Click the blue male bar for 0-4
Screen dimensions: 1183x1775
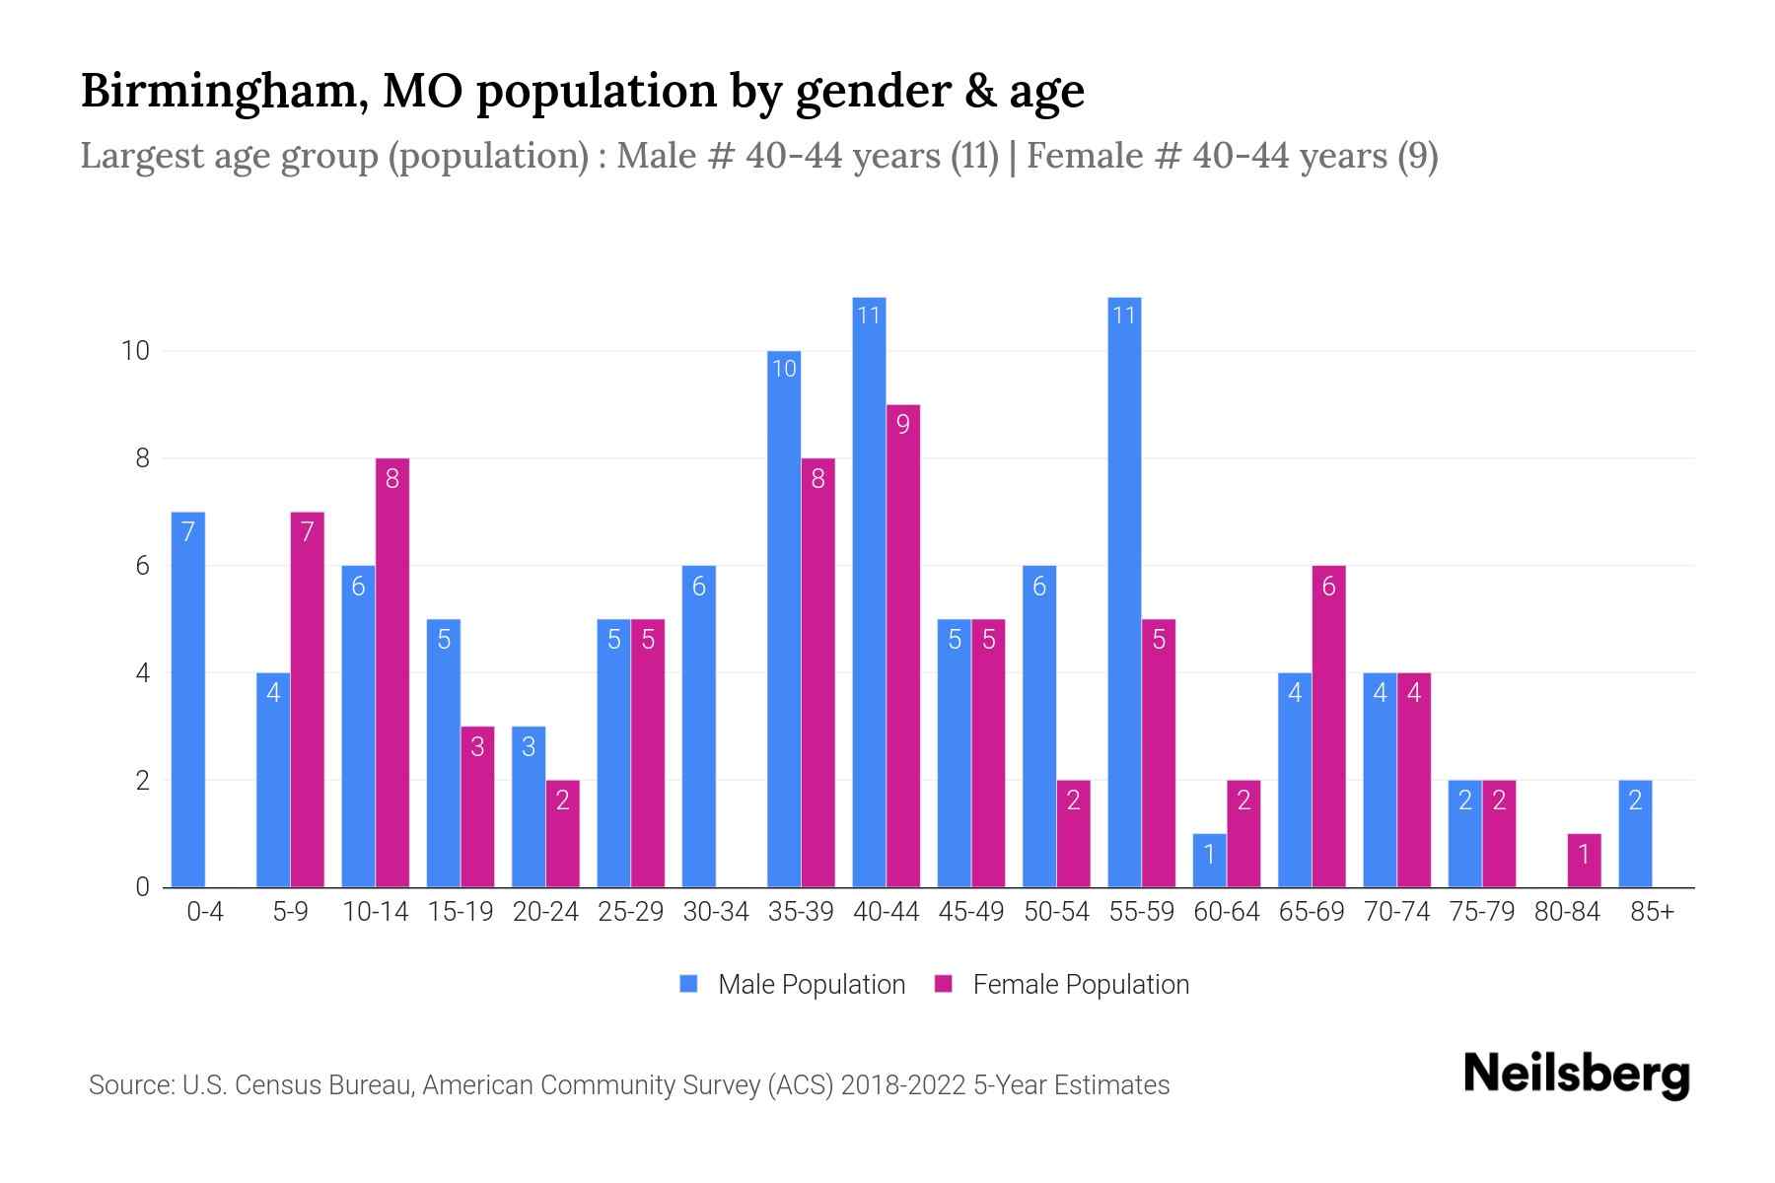pos(187,700)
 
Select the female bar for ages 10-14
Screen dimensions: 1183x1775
pos(392,673)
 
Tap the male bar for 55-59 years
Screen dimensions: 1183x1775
pos(1124,591)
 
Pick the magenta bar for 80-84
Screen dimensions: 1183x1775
pos(1584,861)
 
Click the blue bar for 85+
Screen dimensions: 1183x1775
pos(1635,834)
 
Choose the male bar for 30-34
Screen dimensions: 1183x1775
pos(698,727)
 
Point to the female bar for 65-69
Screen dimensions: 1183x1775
pos(1328,727)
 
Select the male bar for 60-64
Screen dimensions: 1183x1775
pos(1209,861)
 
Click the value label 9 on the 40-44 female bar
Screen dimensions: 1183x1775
pos(902,424)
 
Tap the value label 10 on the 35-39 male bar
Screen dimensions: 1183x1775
pos(784,370)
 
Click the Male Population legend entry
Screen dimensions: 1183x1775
pos(792,984)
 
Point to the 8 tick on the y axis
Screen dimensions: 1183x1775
pos(143,458)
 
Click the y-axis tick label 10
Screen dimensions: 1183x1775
pos(134,351)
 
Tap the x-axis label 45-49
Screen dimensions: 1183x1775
pos(971,912)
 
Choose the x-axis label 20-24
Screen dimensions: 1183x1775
pos(545,912)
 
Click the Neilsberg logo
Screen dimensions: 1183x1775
pos(1576,1075)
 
